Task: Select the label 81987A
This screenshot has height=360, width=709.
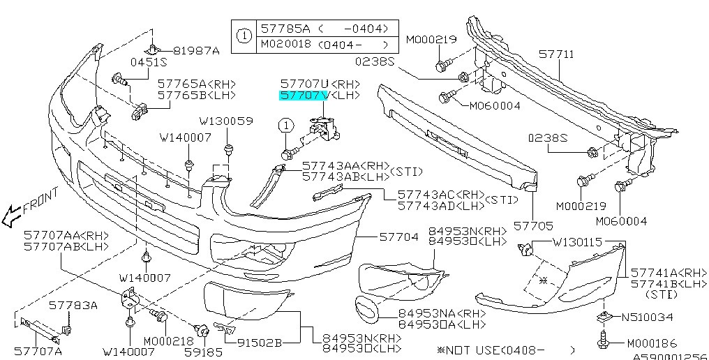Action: (196, 50)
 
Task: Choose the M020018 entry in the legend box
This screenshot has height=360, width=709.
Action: (287, 43)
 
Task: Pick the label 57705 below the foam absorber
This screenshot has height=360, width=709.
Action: (534, 226)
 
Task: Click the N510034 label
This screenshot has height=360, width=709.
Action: (649, 317)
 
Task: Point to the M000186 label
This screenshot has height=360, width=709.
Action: (652, 343)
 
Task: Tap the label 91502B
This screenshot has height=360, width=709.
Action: (258, 342)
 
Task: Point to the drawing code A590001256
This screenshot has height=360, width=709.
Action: (670, 355)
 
